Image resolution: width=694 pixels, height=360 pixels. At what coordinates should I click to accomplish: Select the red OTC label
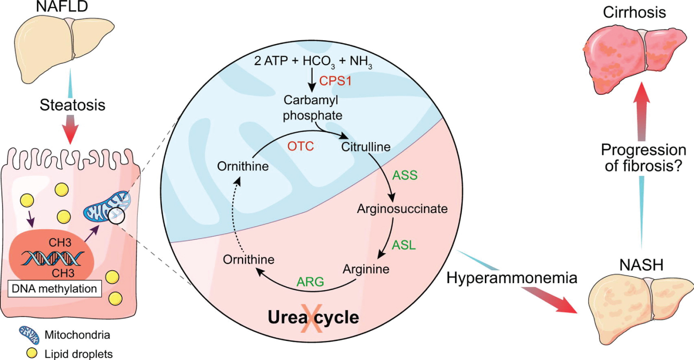301,147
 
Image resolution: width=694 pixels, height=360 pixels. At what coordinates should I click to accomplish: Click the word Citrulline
366,147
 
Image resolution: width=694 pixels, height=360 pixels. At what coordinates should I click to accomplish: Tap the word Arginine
366,268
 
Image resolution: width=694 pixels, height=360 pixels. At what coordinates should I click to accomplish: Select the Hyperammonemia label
513,279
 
